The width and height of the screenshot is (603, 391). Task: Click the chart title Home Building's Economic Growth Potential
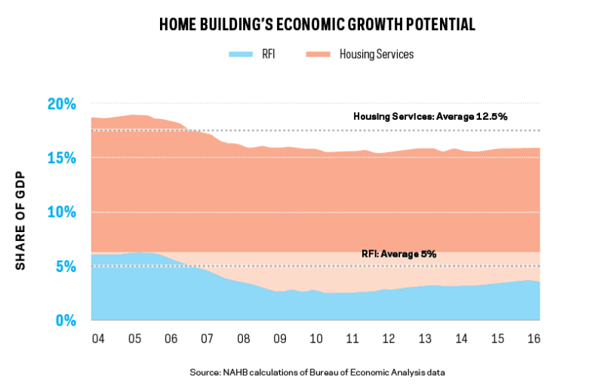pyautogui.click(x=317, y=24)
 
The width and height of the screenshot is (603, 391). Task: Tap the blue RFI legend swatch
pyautogui.click(x=241, y=54)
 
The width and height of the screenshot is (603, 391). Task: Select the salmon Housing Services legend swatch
pyautogui.click(x=318, y=54)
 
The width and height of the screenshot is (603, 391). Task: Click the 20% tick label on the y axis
pyautogui.click(x=62, y=104)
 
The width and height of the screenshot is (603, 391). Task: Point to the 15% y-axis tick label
pyautogui.click(x=62, y=158)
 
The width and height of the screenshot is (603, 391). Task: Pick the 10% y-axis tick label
pyautogui.click(x=62, y=212)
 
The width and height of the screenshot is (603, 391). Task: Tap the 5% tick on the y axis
pyautogui.click(x=66, y=266)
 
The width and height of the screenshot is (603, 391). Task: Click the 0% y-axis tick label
pyautogui.click(x=66, y=320)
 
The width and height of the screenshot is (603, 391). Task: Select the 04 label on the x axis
pyautogui.click(x=98, y=338)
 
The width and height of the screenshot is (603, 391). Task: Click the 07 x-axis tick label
pyautogui.click(x=207, y=338)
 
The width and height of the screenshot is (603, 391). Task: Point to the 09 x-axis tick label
pyautogui.click(x=279, y=338)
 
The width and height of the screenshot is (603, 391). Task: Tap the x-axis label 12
pyautogui.click(x=389, y=338)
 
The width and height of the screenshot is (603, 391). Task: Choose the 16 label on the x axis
pyautogui.click(x=534, y=338)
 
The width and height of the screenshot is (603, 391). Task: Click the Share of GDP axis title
pyautogui.click(x=20, y=220)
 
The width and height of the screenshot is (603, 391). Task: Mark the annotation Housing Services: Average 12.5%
pyautogui.click(x=430, y=117)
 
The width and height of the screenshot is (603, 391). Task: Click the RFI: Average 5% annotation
pyautogui.click(x=398, y=254)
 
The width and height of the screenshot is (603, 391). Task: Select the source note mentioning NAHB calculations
pyautogui.click(x=317, y=372)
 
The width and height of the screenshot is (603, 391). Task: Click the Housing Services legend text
pyautogui.click(x=377, y=54)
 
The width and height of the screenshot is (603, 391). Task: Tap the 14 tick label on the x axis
pyautogui.click(x=461, y=338)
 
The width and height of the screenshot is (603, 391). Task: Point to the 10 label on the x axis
pyautogui.click(x=315, y=338)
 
